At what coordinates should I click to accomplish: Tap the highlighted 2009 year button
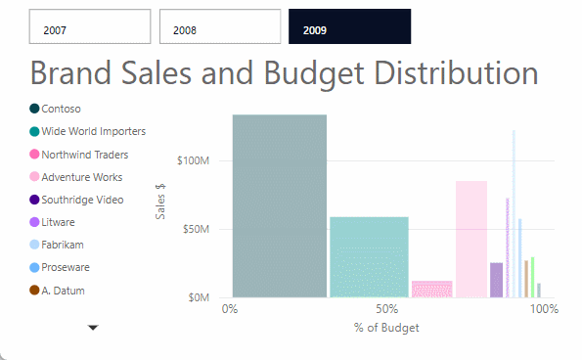pos(349,27)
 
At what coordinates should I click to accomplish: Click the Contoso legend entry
pos(61,109)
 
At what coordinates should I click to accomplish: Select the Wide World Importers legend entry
pos(93,131)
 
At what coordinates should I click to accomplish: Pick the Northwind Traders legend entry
pos(84,155)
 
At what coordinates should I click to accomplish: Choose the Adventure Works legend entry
pos(81,177)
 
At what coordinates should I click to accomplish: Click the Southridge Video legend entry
pos(82,200)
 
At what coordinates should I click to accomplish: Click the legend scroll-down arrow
pos(93,329)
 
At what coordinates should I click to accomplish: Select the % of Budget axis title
pos(386,328)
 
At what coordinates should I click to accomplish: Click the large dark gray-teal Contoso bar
pos(279,205)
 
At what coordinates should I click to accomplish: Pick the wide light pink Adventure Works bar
pos(470,239)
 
